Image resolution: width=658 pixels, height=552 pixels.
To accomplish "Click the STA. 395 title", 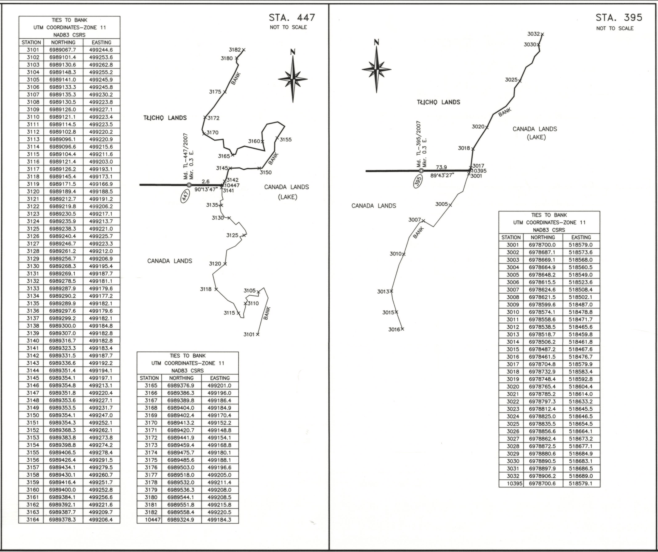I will pos(619,18).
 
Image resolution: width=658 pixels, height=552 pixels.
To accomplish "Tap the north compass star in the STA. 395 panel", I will pos(376,69).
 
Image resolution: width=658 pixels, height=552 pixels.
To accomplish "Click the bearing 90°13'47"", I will pos(206,189).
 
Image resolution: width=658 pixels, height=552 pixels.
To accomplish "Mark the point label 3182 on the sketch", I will pos(235,50).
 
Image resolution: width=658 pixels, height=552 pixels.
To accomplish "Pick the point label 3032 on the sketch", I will pos(534,34).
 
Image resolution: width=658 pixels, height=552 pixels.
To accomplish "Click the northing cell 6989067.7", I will pos(63,50).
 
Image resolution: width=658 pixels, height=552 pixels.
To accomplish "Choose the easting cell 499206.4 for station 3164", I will pos(101,520).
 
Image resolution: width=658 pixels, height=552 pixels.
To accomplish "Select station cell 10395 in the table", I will pos(511,483).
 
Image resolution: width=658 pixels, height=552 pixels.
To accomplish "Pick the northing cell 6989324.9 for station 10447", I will pos(181,520).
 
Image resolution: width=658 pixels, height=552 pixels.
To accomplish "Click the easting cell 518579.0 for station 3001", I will pos(581,245).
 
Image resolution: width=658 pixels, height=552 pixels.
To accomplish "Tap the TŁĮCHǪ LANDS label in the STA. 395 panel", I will pos(438,102).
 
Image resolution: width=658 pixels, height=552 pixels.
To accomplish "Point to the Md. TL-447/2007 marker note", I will pos(186,157).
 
